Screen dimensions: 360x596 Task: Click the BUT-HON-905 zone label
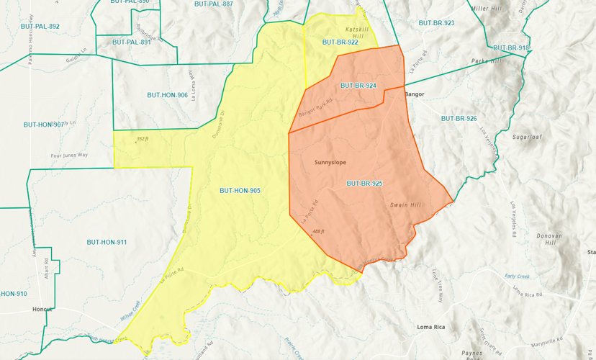click(240, 191)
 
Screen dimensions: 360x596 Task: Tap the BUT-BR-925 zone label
click(364, 184)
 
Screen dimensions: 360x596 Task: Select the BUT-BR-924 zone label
click(358, 86)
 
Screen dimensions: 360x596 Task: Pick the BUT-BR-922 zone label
click(340, 42)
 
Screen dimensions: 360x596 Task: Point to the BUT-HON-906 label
click(167, 95)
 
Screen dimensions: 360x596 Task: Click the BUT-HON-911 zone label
click(107, 242)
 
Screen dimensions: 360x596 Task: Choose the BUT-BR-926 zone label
click(459, 118)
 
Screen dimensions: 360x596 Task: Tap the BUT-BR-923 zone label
click(436, 23)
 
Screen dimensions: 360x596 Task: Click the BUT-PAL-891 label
click(132, 42)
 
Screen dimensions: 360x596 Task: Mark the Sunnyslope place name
click(330, 163)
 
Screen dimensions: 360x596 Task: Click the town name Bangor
click(415, 94)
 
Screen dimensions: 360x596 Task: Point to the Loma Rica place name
click(431, 327)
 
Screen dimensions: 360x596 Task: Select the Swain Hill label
click(405, 205)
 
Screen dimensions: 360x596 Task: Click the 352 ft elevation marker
click(141, 139)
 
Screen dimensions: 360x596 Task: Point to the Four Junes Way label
click(69, 155)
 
